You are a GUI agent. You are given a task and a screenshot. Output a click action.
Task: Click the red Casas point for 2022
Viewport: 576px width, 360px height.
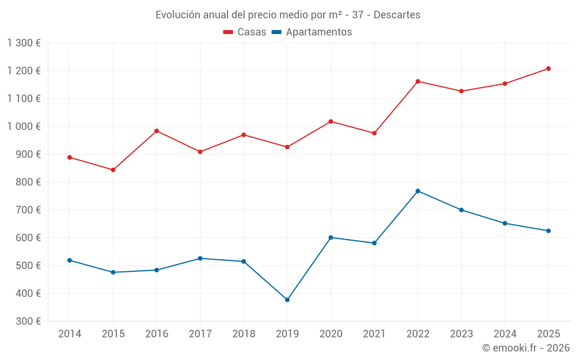point(418,81)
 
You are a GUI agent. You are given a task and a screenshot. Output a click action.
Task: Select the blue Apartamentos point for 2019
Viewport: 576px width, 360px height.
point(287,300)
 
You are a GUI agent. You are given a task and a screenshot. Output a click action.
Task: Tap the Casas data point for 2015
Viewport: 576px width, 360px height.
point(113,170)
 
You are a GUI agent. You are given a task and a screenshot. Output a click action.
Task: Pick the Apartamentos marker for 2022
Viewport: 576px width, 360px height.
point(418,191)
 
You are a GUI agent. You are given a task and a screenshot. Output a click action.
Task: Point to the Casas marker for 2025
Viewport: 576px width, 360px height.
point(548,69)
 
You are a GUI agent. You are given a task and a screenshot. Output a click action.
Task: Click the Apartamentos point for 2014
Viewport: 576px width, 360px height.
point(70,260)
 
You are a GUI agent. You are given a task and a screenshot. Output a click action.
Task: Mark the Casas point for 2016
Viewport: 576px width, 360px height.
point(157,131)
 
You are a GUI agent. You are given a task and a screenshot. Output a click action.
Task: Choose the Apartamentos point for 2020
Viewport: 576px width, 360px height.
point(331,237)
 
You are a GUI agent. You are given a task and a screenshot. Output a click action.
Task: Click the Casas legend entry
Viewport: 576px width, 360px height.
point(245,32)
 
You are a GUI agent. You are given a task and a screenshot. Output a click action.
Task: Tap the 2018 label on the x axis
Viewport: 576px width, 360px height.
point(244,334)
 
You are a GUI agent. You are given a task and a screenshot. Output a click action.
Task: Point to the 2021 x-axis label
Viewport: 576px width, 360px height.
point(374,334)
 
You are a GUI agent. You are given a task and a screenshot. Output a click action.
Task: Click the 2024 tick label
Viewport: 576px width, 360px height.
point(505,334)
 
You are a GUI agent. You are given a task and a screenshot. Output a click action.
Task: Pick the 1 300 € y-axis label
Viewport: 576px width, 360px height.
point(24,43)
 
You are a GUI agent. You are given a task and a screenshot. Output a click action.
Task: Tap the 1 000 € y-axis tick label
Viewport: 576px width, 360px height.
point(24,126)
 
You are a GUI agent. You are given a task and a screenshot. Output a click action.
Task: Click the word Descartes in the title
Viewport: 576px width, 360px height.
point(397,14)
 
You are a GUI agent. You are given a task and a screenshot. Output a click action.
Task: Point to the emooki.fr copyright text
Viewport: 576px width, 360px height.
point(526,348)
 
